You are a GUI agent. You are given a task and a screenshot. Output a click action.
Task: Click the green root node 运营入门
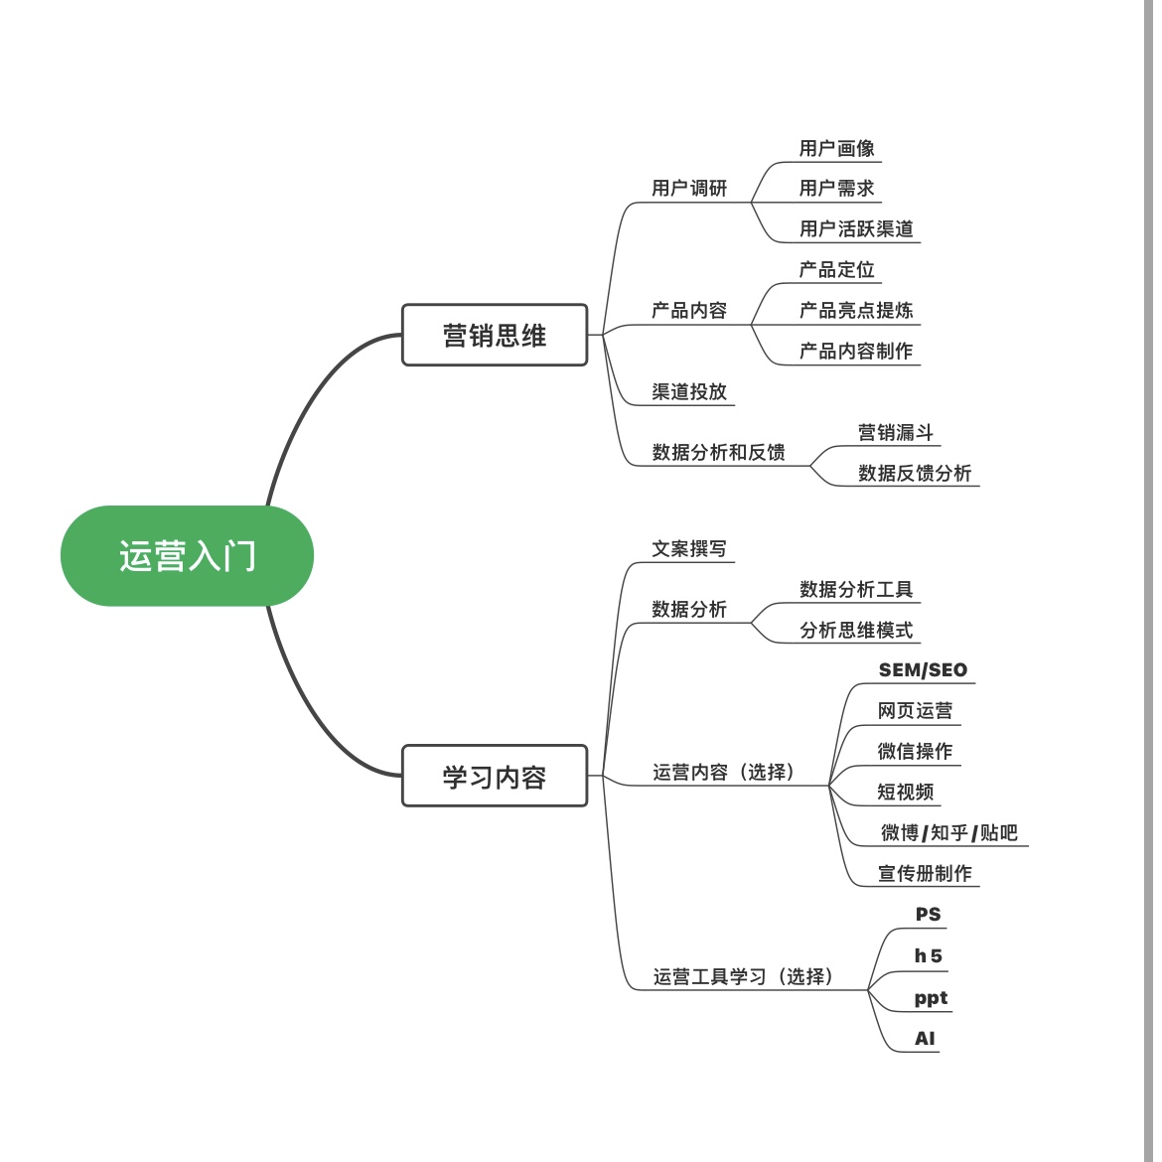coord(187,556)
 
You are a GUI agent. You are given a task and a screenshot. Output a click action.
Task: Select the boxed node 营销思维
coord(495,336)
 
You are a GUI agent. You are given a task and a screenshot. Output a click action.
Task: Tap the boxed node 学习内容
coord(495,776)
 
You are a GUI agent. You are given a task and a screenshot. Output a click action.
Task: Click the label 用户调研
coord(689,188)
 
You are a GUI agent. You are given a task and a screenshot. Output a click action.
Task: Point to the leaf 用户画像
coord(836,148)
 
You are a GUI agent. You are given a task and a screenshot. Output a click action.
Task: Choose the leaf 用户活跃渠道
coord(856,228)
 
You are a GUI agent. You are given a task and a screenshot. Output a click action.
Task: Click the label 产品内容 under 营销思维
coord(689,310)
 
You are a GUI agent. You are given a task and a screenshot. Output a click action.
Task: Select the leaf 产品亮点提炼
coord(856,310)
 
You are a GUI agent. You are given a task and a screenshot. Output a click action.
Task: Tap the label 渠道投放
coord(689,391)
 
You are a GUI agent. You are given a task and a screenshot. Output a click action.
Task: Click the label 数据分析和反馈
coord(718,452)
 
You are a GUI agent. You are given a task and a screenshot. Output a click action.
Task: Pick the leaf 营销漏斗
coord(896,432)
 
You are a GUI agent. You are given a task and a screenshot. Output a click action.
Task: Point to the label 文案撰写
coord(689,548)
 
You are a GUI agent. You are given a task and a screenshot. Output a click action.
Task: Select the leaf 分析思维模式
coord(856,630)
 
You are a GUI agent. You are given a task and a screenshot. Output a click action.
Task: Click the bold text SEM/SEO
coord(923,670)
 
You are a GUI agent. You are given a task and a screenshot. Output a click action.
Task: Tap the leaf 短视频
coord(905,792)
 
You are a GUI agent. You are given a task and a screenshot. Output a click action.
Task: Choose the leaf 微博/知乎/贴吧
coord(948,832)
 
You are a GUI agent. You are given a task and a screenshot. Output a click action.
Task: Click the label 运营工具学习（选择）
coord(743,976)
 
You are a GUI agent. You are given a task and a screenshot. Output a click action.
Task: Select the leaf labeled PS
coord(928,915)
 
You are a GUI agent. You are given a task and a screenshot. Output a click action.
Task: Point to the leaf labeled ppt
coord(931,998)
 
